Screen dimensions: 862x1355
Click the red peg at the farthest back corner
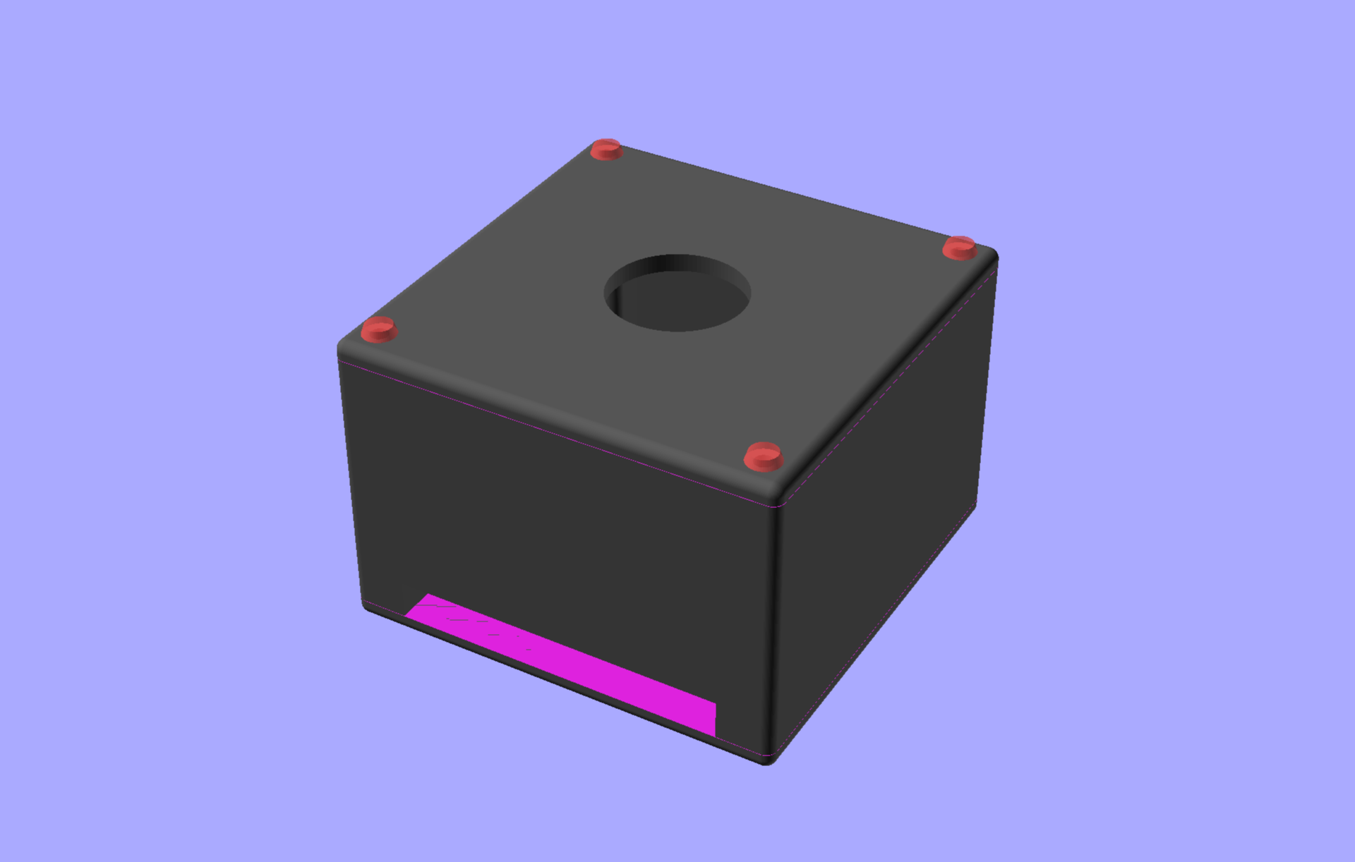click(606, 149)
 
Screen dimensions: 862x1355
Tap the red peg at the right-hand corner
click(959, 248)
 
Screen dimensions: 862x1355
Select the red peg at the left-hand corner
click(379, 329)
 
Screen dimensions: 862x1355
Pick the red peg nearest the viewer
click(763, 456)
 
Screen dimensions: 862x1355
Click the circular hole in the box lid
click(677, 293)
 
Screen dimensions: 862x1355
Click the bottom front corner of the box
click(768, 760)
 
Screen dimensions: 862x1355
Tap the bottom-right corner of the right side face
click(976, 505)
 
